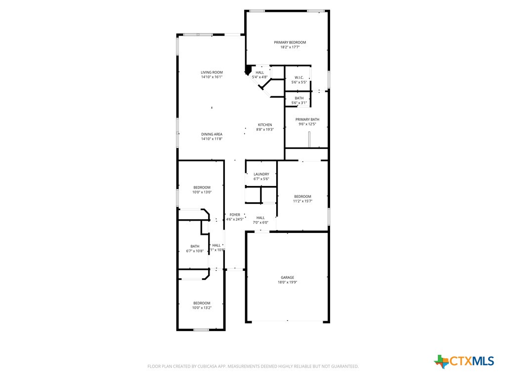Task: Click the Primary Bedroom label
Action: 290,42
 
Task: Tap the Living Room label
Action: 211,73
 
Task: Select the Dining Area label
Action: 211,134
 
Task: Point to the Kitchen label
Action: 265,125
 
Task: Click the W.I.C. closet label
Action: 299,77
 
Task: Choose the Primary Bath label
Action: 307,119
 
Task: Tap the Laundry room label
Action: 261,174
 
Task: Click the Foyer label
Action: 235,215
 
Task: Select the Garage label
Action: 288,277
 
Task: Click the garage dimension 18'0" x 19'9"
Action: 288,282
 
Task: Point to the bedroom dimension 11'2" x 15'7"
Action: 302,201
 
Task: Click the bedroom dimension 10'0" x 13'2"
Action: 202,308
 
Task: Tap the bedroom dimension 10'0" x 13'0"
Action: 202,192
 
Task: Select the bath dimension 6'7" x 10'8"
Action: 195,251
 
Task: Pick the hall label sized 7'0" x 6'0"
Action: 260,218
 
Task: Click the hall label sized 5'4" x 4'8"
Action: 259,73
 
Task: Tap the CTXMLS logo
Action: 464,361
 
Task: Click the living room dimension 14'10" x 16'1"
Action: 211,77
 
